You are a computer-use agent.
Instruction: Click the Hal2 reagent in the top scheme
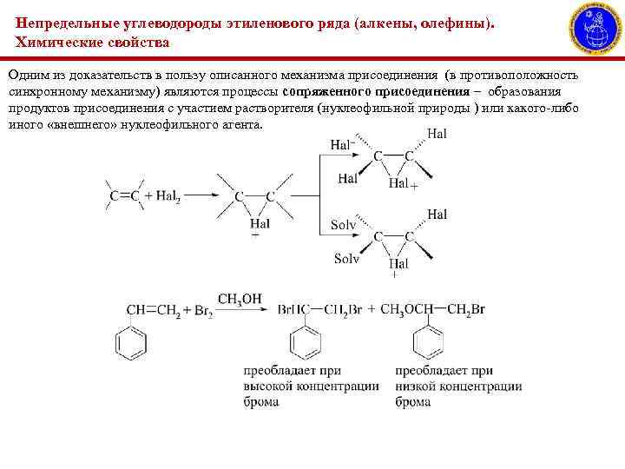click(x=167, y=195)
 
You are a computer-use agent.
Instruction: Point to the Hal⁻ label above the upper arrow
click(x=342, y=144)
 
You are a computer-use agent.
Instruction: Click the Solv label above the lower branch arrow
click(x=343, y=225)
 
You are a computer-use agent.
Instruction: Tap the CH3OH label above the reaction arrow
click(x=239, y=300)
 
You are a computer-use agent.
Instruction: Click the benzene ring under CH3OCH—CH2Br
click(x=428, y=343)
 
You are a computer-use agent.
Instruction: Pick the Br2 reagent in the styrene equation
click(x=200, y=311)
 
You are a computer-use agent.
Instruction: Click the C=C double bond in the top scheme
click(x=125, y=195)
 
